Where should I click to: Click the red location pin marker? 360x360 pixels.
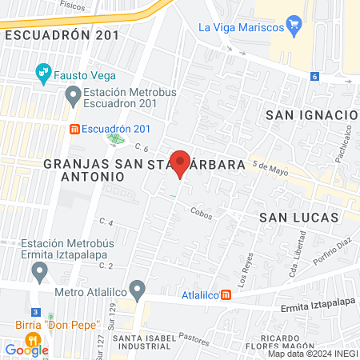180,163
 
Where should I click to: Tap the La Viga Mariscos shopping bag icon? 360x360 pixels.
293,26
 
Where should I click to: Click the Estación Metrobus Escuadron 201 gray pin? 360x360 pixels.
73,98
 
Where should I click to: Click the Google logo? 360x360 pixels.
26,349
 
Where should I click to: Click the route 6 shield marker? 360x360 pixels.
315,77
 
